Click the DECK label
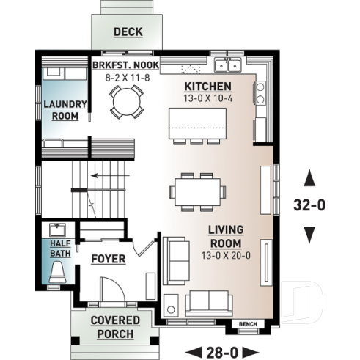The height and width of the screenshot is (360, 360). [x=128, y=32]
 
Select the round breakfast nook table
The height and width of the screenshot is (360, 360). [x=126, y=101]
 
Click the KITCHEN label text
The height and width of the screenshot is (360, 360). [x=207, y=87]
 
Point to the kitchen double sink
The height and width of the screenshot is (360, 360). [x=229, y=66]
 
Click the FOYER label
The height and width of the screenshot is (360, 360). [x=108, y=259]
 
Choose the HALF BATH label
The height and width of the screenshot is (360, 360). [x=60, y=248]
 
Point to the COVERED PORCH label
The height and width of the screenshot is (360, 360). [x=111, y=327]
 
